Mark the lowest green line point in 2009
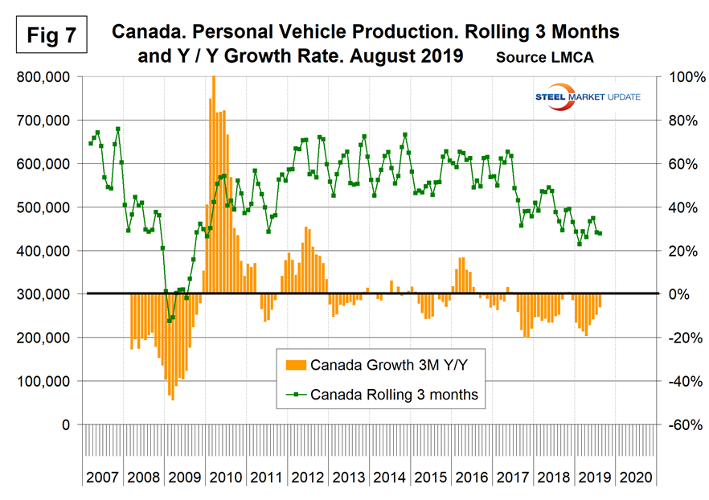pos(169,321)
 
